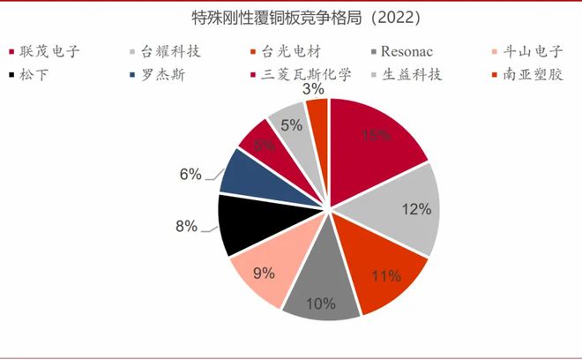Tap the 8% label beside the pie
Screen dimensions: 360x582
pos(185,226)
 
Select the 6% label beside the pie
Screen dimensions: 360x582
pos(190,174)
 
